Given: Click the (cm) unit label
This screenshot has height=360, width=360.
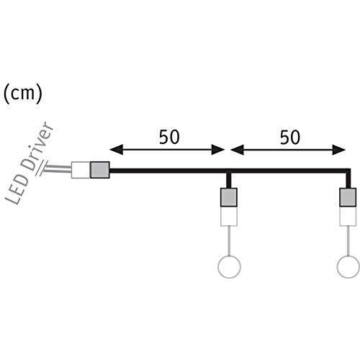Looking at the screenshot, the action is pyautogui.click(x=23, y=94).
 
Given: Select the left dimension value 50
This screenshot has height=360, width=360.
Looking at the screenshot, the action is pyautogui.click(x=169, y=137).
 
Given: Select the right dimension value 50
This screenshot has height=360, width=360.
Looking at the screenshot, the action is pyautogui.click(x=290, y=137).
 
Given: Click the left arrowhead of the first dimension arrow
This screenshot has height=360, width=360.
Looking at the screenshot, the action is pyautogui.click(x=117, y=150).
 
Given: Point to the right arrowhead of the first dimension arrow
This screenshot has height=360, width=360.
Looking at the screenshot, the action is pyautogui.click(x=217, y=150).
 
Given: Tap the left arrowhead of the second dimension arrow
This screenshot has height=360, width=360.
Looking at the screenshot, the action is pyautogui.click(x=237, y=150).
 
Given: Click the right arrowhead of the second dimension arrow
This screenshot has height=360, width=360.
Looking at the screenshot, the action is pyautogui.click(x=338, y=150).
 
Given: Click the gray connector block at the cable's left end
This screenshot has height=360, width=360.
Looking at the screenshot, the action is pyautogui.click(x=100, y=170).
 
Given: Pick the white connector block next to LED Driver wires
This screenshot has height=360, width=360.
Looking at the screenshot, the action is pyautogui.click(x=81, y=170).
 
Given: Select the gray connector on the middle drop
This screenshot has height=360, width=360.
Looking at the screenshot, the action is pyautogui.click(x=229, y=197).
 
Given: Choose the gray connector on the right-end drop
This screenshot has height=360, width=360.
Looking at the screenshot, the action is pyautogui.click(x=348, y=197).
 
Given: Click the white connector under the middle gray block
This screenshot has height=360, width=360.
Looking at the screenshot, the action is pyautogui.click(x=229, y=216).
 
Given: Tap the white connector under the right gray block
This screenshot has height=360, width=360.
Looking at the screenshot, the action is pyautogui.click(x=348, y=216).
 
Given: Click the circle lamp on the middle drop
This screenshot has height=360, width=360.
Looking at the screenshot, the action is pyautogui.click(x=229, y=256).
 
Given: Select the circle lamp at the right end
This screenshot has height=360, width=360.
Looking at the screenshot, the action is pyautogui.click(x=348, y=256).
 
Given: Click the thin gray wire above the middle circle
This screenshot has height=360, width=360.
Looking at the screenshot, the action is pyautogui.click(x=229, y=240).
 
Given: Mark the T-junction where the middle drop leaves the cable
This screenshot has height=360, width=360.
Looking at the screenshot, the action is pyautogui.click(x=229, y=171).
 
